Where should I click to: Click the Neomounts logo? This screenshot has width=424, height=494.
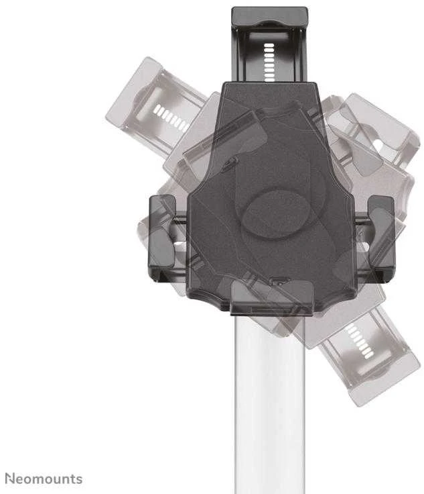click(44, 479)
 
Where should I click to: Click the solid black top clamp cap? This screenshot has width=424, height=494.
click(270, 17)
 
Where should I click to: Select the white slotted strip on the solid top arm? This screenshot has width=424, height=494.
click(269, 62)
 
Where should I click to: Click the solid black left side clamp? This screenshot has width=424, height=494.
click(162, 238)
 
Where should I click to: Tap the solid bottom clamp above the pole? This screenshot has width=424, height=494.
click(272, 297)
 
